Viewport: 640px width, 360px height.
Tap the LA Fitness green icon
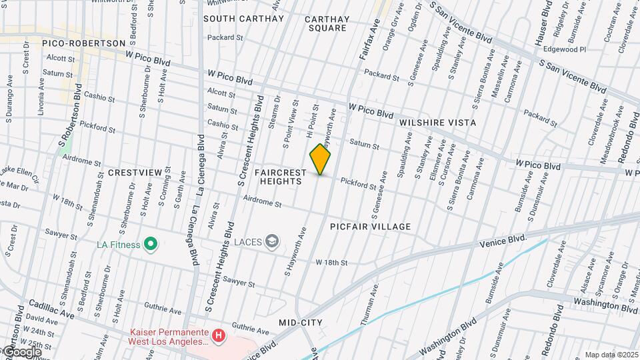coord(151,245)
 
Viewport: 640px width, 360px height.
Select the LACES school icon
coord(272,241)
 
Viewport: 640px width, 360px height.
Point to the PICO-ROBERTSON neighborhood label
coord(83,43)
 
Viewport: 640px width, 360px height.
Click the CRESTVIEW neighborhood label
coord(135,173)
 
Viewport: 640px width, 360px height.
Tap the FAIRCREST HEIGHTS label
coord(281,177)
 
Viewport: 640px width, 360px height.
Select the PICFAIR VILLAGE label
coord(371,227)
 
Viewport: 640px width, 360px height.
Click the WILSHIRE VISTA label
coord(437,123)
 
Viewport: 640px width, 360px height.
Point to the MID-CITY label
coord(301,323)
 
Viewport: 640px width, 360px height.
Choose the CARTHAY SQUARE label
coord(327,23)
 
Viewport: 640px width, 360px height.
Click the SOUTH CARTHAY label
coord(243,19)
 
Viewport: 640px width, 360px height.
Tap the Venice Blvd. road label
coord(504,241)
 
